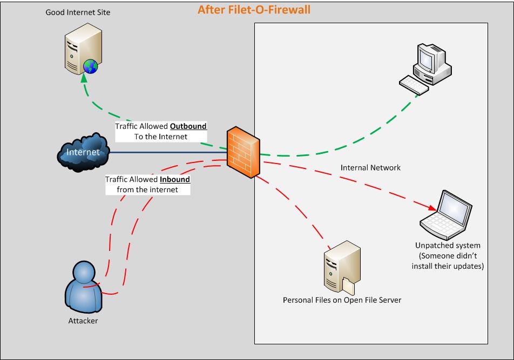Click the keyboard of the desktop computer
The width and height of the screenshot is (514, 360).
point(414,84)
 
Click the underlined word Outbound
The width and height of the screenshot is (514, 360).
point(188,126)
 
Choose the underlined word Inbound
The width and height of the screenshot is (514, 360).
point(175,179)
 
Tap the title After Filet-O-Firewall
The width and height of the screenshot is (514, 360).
point(254,9)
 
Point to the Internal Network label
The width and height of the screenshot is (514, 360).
point(370,168)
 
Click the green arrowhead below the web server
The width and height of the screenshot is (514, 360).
point(84,78)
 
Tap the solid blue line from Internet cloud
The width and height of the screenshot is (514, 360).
point(167,152)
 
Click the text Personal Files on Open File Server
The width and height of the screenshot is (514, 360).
point(342,300)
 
